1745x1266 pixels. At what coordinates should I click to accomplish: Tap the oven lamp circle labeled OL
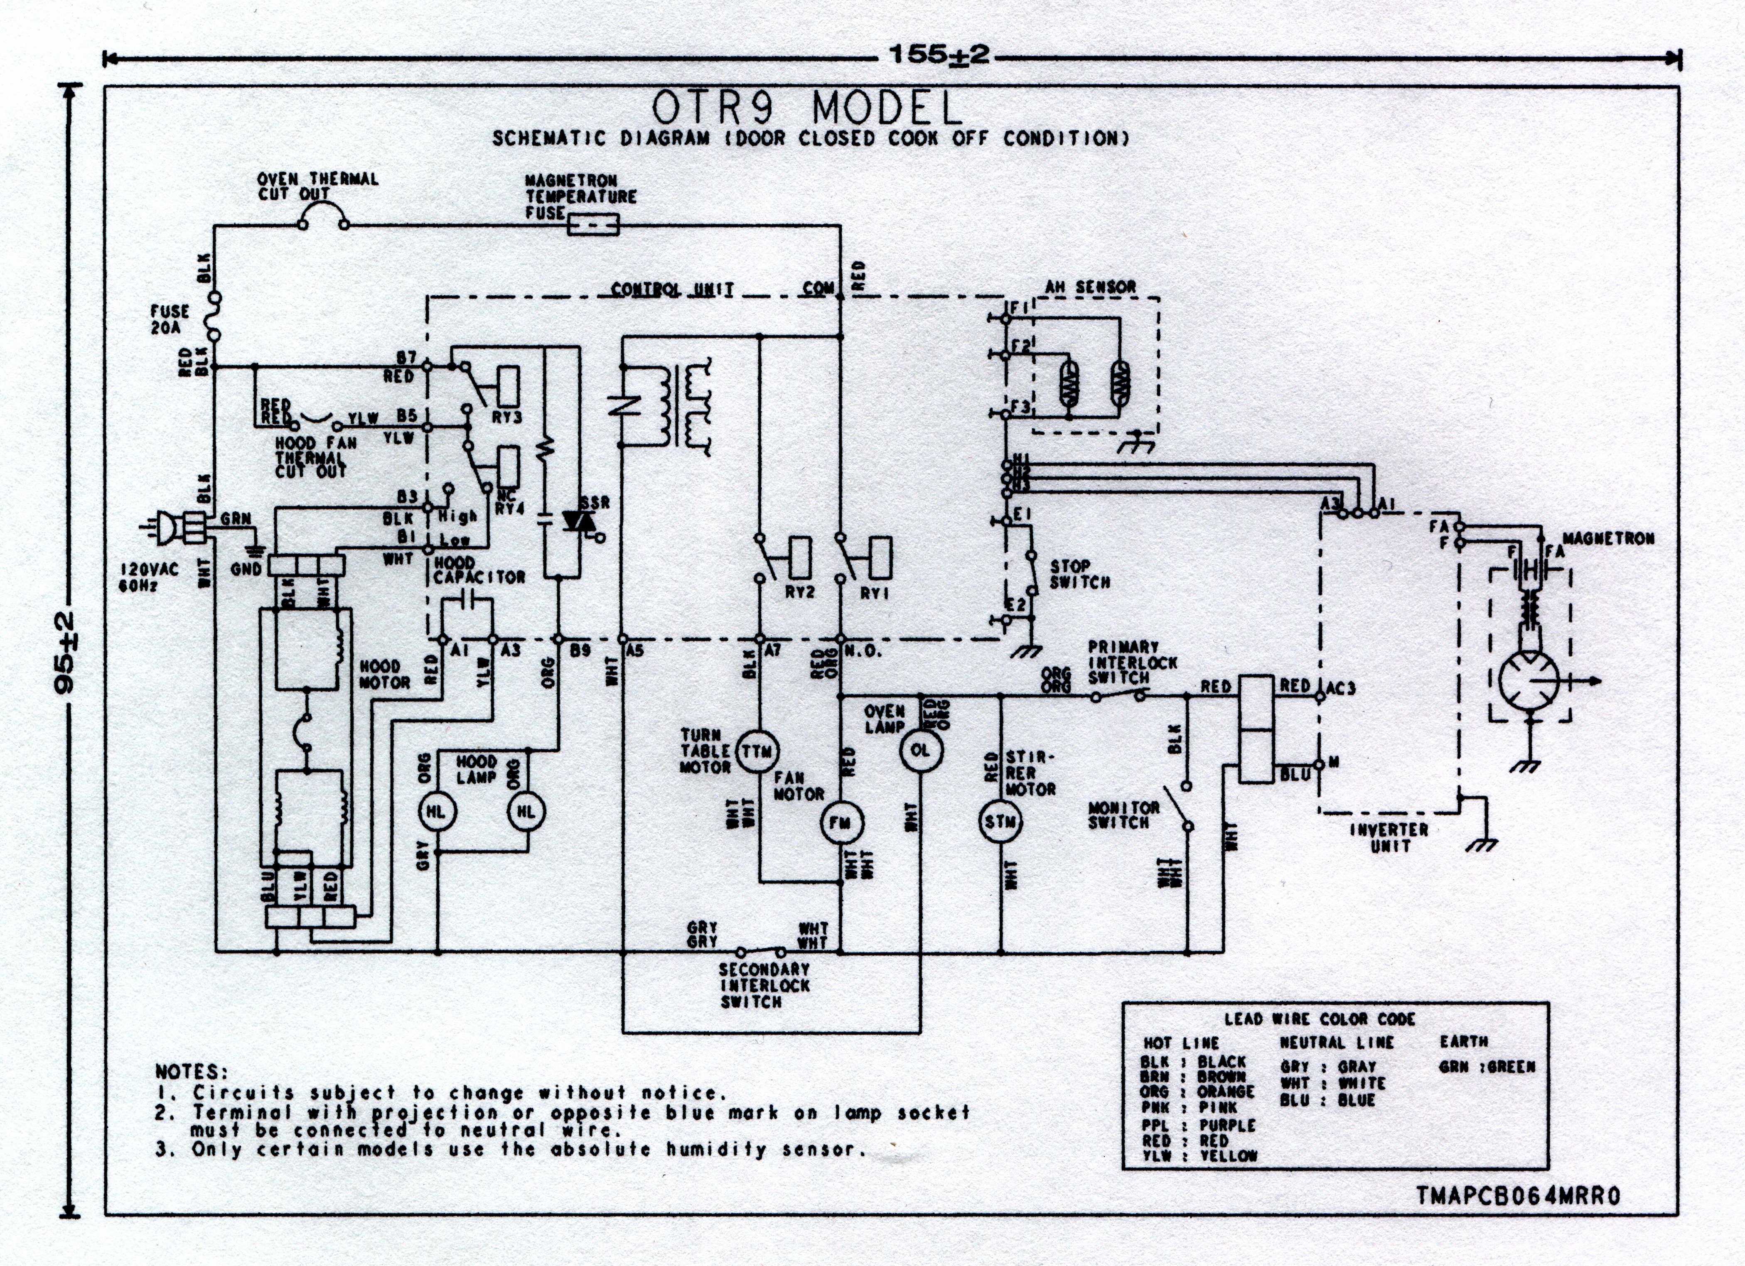tap(919, 750)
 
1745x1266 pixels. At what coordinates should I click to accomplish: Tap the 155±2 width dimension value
tap(939, 55)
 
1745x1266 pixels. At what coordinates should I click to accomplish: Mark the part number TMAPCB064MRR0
tap(1518, 1196)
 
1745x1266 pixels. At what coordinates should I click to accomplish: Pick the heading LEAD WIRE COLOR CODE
tap(1320, 1019)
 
